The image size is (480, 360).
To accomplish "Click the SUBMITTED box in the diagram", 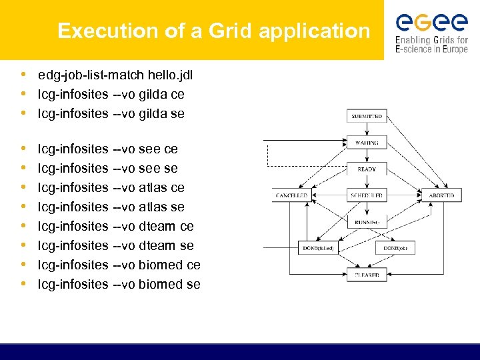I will [367, 117].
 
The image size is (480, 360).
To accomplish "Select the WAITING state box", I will [367, 143].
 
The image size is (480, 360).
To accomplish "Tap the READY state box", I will [367, 169].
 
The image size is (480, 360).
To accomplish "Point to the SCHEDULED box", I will [367, 195].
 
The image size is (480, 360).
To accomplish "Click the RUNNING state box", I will [367, 221].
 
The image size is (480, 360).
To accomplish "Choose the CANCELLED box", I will [291, 195].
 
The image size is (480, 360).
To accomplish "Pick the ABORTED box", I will [441, 195].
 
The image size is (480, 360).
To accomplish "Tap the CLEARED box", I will [367, 275].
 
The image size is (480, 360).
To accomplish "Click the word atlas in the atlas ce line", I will [154, 187].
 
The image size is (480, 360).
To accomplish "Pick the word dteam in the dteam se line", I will [157, 245].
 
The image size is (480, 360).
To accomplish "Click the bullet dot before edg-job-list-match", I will [23, 75].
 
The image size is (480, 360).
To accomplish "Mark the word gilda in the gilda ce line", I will [153, 94].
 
